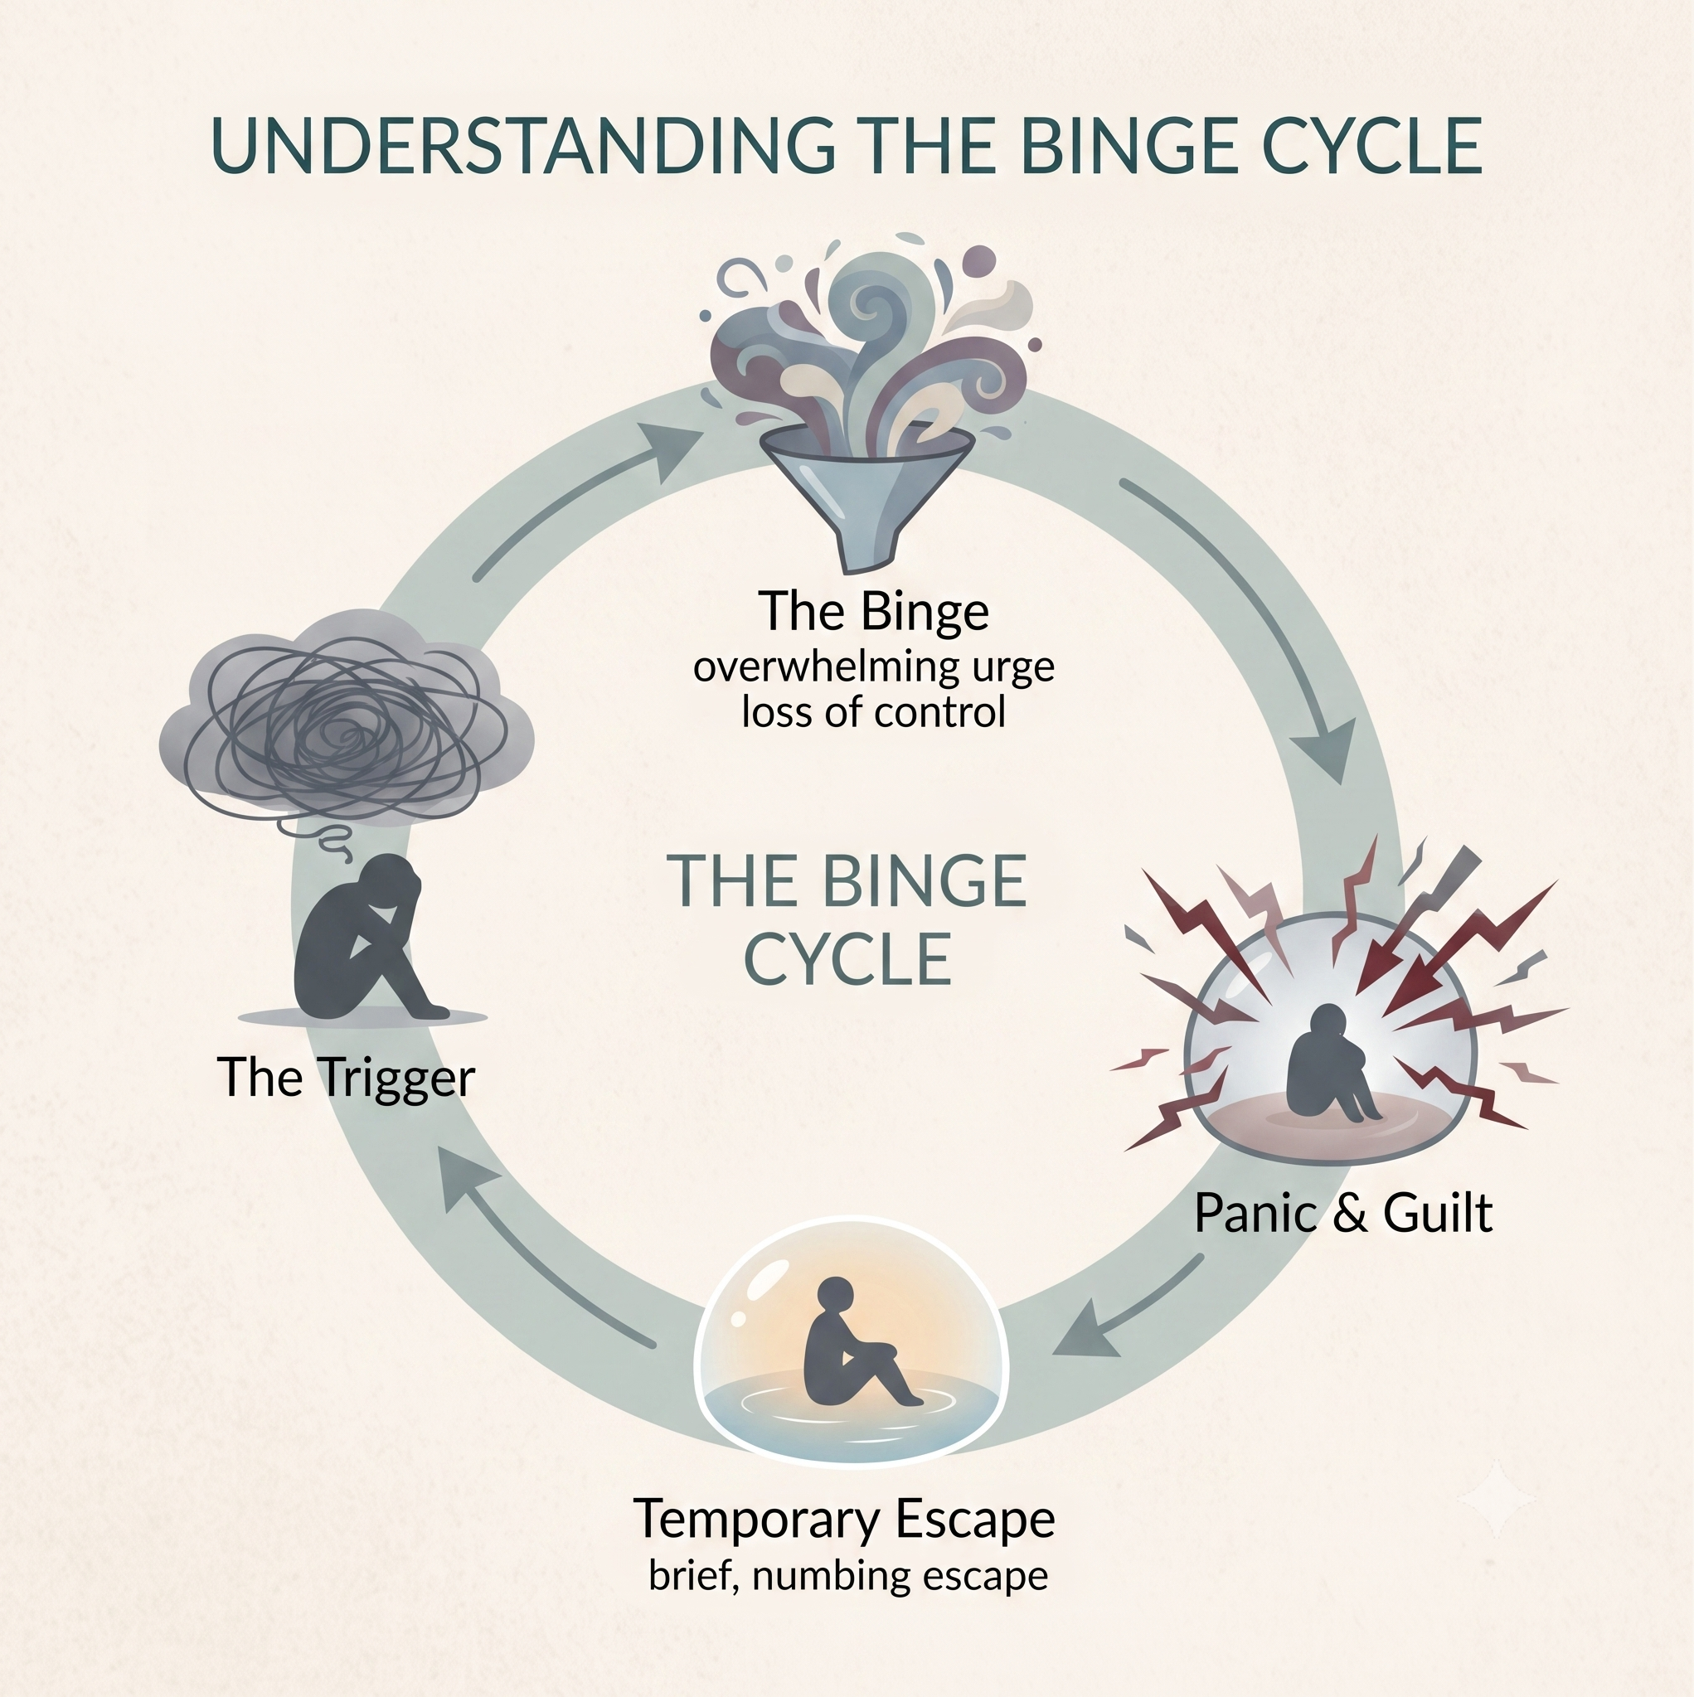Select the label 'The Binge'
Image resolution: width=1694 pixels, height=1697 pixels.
[x=873, y=611]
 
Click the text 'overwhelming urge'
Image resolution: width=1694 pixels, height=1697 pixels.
[x=873, y=667]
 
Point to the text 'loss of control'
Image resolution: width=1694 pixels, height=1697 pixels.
[x=873, y=711]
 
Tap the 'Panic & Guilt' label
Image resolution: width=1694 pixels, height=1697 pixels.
[x=1343, y=1214]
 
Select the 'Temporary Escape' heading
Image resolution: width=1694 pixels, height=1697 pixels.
[x=844, y=1520]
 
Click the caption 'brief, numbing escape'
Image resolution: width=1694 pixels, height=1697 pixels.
[x=848, y=1576]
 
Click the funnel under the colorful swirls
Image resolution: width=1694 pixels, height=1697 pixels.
[x=866, y=492]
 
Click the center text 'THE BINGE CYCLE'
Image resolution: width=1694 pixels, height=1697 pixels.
[x=847, y=919]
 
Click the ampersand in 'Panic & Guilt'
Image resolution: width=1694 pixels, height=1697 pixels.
[x=1343, y=1214]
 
